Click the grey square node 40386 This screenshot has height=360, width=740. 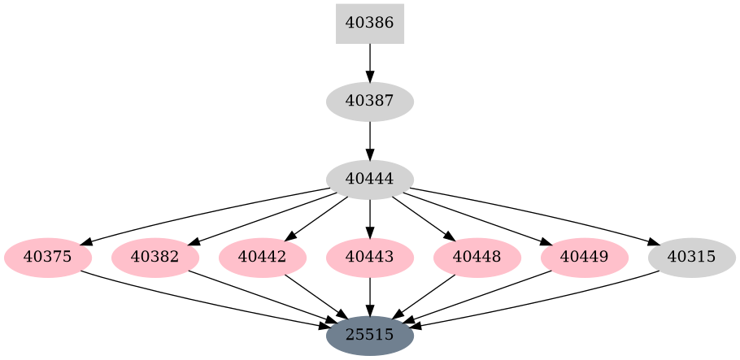pos(370,24)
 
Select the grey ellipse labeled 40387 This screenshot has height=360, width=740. pos(370,102)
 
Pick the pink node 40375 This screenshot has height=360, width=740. pos(48,258)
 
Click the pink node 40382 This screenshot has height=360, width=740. pos(155,258)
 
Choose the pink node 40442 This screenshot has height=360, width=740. pos(263,258)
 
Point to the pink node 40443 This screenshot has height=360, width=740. pos(370,258)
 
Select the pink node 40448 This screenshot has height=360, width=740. pos(477,258)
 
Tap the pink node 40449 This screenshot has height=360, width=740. pos(585,258)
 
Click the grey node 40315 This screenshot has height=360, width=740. pos(692,258)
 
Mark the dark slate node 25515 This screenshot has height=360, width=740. pos(370,335)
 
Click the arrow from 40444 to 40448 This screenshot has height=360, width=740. pos(423,218)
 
